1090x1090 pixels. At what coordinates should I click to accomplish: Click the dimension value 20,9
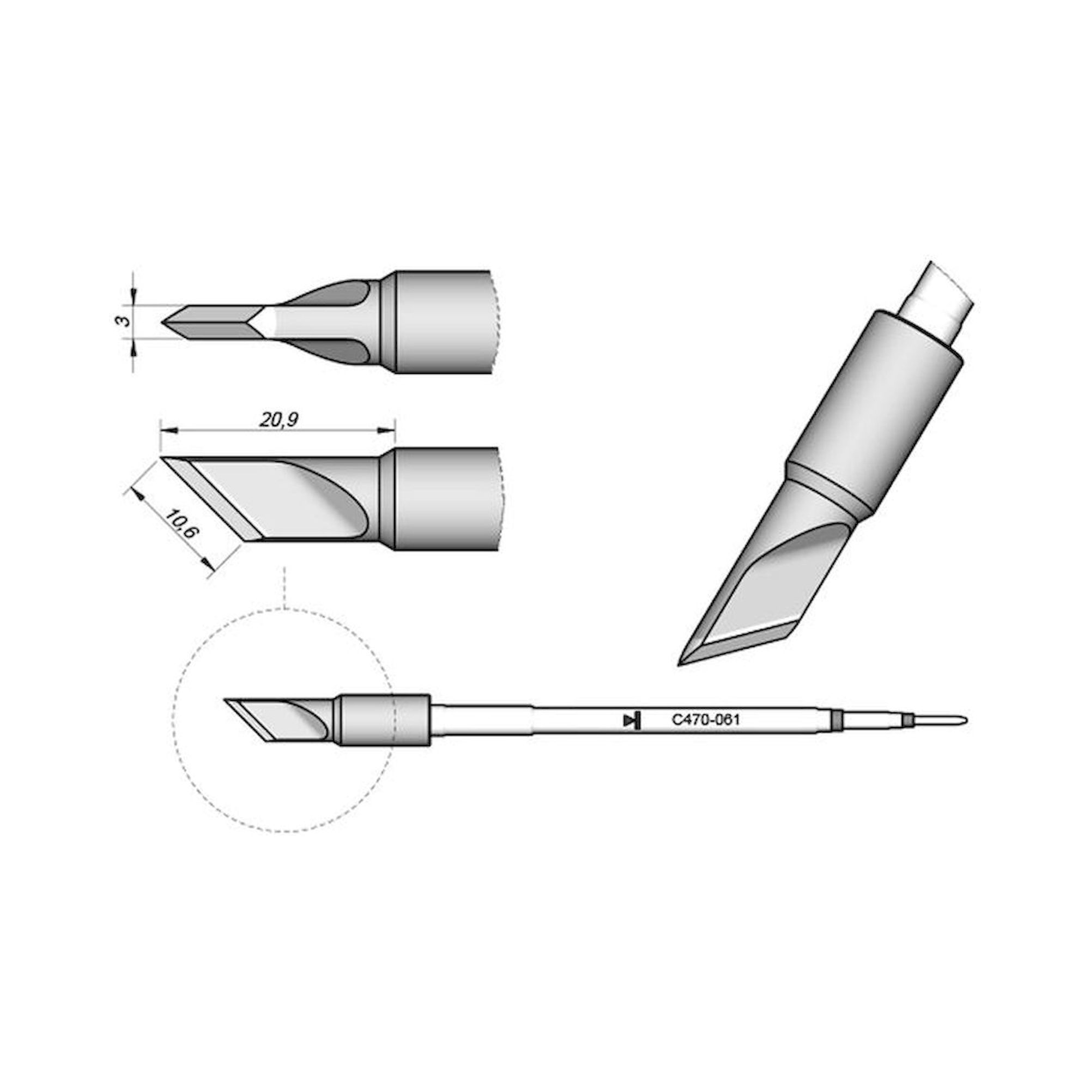pos(278,420)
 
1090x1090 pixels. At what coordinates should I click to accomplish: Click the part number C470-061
pos(705,720)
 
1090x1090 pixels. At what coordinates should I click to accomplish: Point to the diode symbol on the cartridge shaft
pos(632,720)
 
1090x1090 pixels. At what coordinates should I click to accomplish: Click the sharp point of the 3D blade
pos(681,664)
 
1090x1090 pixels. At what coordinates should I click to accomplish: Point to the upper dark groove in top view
pos(338,293)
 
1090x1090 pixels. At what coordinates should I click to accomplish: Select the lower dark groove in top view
pos(338,351)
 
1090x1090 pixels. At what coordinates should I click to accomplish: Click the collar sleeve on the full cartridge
pos(384,719)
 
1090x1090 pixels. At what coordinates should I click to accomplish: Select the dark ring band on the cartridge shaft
pos(835,720)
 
